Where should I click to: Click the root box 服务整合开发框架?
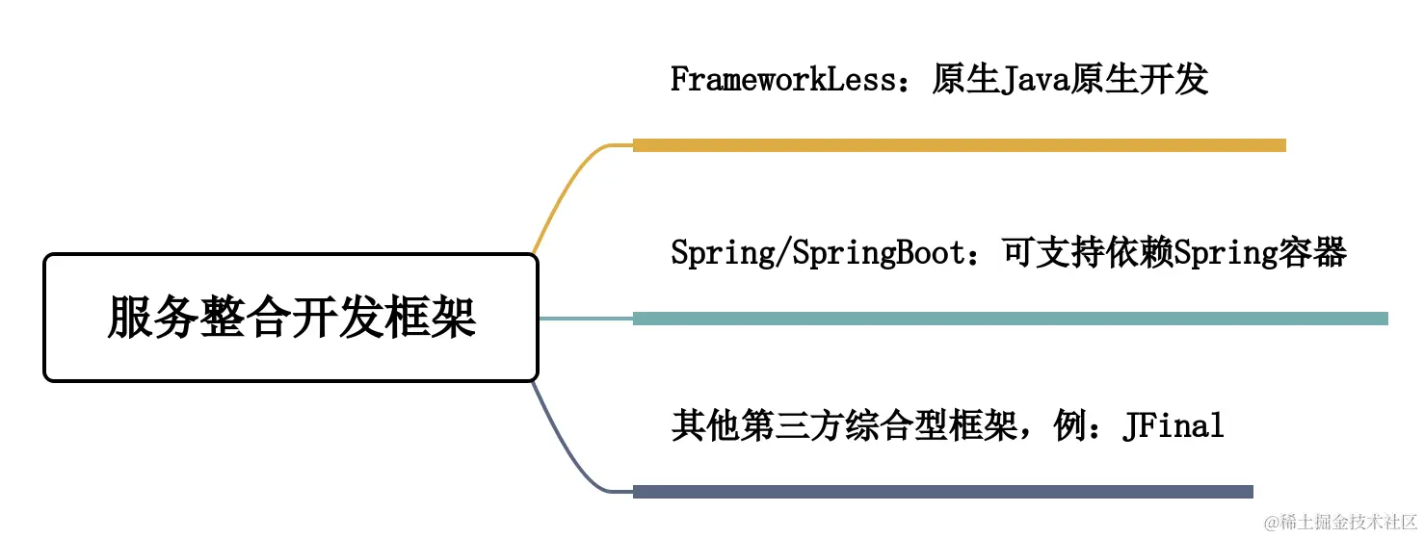point(290,318)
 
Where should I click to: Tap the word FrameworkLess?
point(783,80)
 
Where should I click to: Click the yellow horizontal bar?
point(959,145)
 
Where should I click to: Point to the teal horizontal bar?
point(1010,319)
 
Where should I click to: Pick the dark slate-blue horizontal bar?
point(942,492)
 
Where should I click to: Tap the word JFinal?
point(1173,425)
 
